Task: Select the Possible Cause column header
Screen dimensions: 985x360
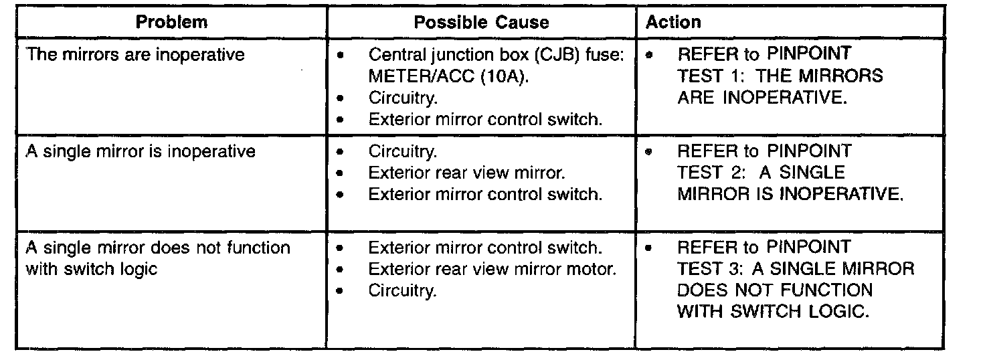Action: pos(481,22)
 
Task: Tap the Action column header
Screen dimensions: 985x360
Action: pos(673,22)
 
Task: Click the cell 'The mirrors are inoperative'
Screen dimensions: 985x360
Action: pos(136,55)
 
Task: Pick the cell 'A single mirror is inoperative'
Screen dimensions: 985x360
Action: pos(141,151)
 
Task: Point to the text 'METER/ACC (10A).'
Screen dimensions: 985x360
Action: pos(448,76)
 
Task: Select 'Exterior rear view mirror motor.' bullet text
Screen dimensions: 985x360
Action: pos(492,269)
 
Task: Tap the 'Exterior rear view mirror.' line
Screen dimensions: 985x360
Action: pos(467,173)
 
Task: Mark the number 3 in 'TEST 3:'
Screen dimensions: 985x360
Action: pos(735,269)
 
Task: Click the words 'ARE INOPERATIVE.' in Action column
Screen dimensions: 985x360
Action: pos(762,98)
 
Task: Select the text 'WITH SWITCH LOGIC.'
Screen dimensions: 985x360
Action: pos(773,312)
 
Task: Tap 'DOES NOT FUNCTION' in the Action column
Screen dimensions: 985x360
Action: pos(775,290)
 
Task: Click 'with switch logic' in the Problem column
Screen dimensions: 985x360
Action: pos(92,270)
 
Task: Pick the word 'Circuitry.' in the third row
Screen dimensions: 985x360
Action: pos(402,290)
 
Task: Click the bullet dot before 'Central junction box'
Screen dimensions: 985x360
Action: pos(341,56)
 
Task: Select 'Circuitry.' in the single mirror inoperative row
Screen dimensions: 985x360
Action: pos(402,151)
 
